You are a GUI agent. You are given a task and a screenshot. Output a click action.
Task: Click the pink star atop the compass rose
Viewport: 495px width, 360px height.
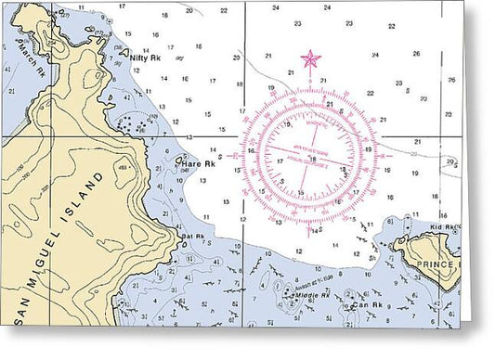point(310,60)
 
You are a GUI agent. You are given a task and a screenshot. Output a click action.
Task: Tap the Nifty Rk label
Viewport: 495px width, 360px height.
point(146,58)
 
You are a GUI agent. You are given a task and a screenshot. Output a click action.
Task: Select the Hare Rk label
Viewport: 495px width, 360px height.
point(191,163)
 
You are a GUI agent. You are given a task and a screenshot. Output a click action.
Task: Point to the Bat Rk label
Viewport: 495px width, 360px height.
point(192,237)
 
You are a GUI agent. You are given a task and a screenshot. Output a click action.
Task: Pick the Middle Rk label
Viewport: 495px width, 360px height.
point(312,295)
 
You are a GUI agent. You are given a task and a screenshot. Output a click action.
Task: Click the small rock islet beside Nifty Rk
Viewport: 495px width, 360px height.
point(124,53)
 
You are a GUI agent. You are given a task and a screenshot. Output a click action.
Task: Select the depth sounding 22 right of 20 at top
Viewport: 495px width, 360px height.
point(224,10)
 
